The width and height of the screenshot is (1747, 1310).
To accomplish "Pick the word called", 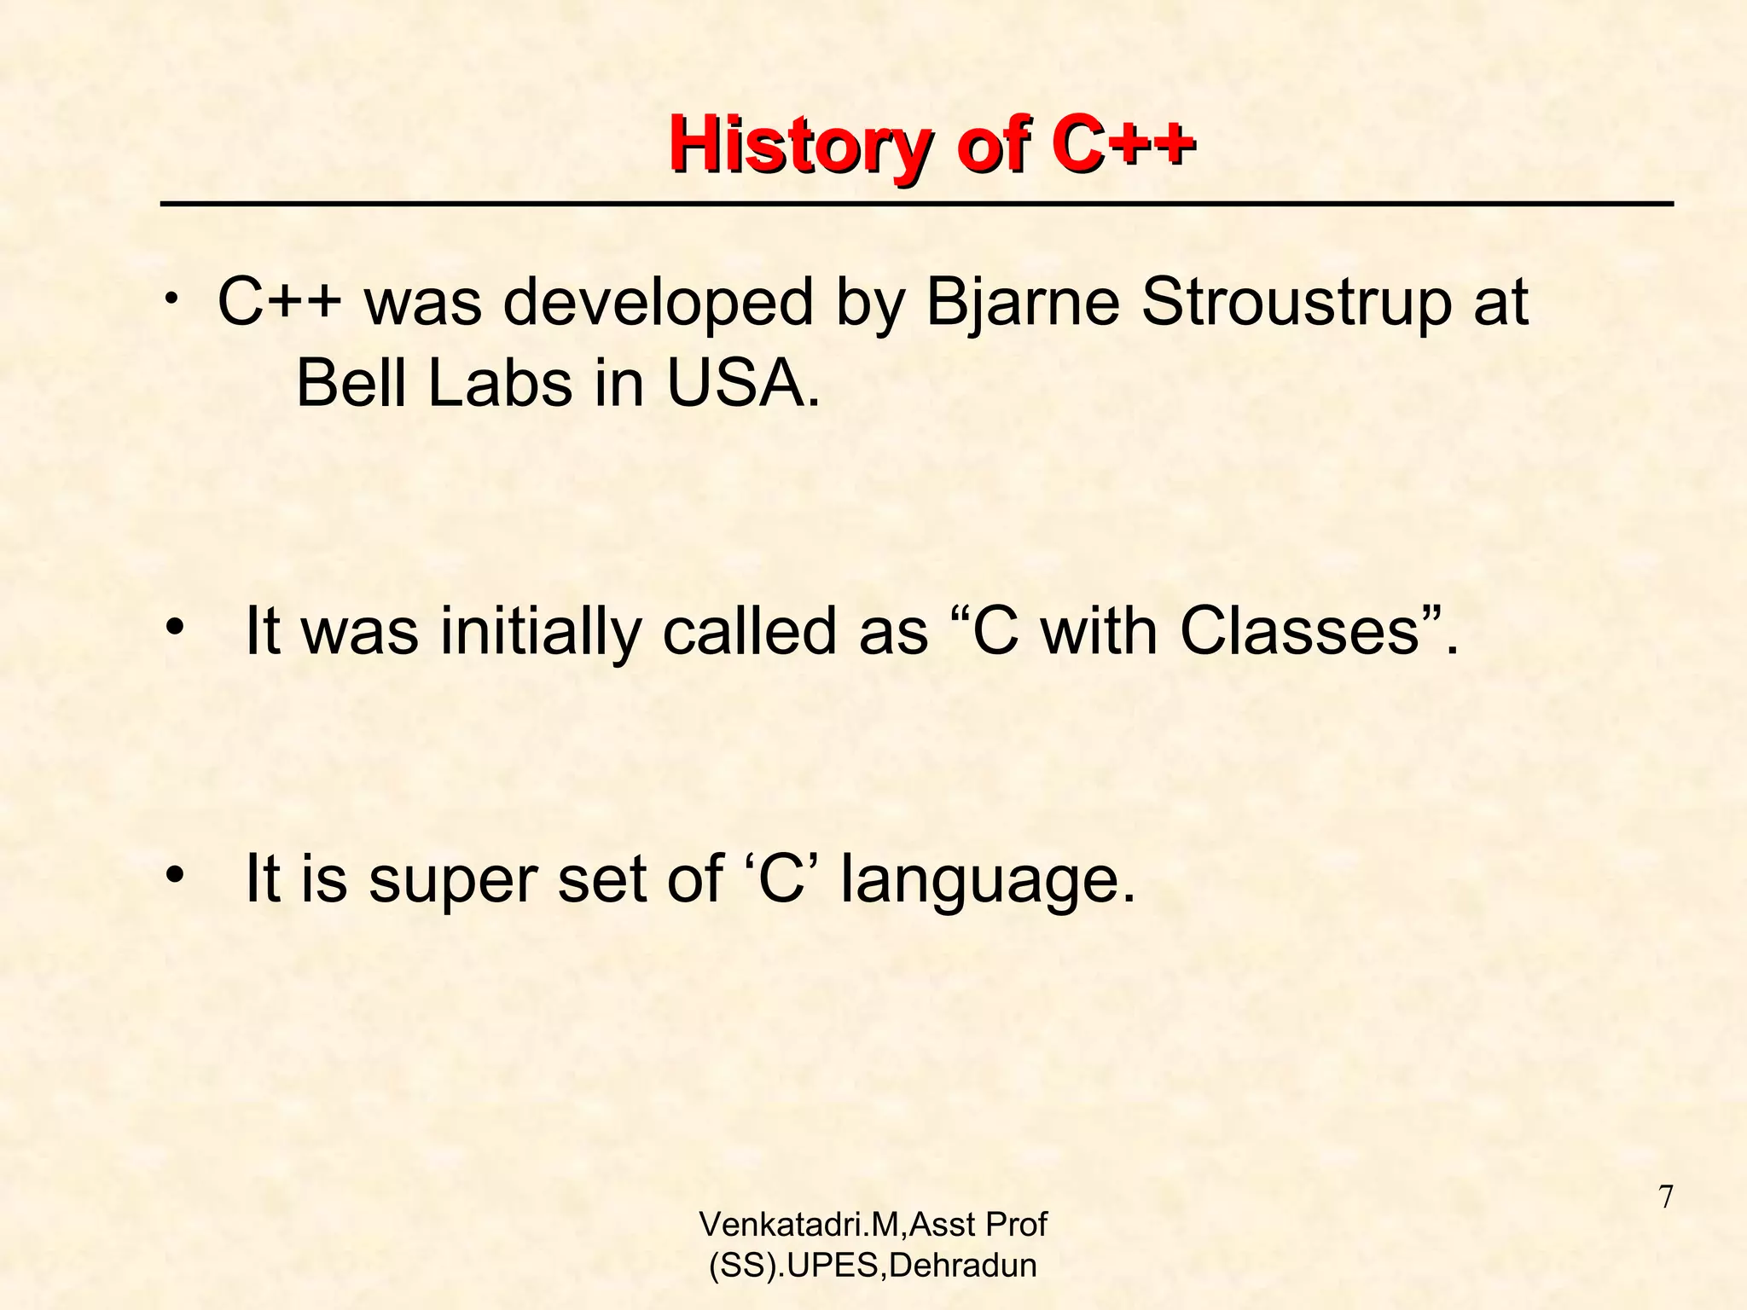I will click(751, 632).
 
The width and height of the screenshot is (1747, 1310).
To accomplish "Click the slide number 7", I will click(1665, 1197).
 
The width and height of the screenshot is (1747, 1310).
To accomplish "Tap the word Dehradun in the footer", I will click(963, 1266).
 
